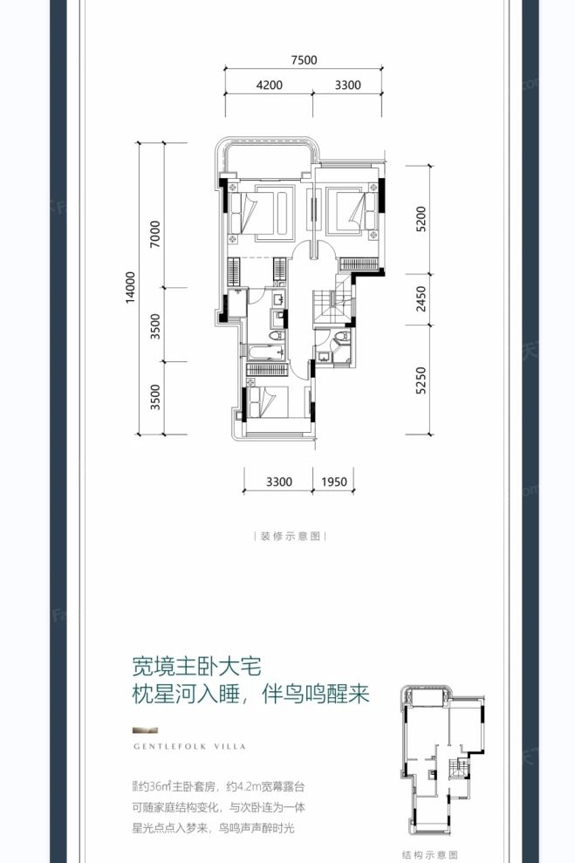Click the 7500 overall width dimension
point(305,60)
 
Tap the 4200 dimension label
point(270,85)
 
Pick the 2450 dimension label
point(421,299)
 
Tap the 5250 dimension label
point(421,378)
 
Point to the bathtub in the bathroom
point(264,352)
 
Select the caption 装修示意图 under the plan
point(286,537)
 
